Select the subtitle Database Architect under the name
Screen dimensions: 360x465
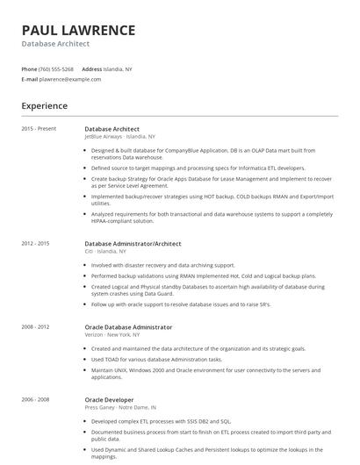[x=55, y=43]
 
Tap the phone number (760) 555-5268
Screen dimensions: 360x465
[x=57, y=68]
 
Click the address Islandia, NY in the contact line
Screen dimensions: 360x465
[x=118, y=68]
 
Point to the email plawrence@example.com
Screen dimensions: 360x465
[x=70, y=79]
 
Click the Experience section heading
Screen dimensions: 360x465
[x=45, y=106]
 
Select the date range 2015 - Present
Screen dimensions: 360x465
[x=39, y=129]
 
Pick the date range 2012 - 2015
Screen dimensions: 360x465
[x=35, y=243]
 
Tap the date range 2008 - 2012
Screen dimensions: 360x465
[x=35, y=327]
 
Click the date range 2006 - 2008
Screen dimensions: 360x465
[x=35, y=399]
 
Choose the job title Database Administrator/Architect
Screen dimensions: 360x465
[x=133, y=243]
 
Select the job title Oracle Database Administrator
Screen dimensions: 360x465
[x=128, y=327]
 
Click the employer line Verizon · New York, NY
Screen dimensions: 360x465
[x=112, y=335]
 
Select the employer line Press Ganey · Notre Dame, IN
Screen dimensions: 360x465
[x=120, y=407]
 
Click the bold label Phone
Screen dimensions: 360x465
[x=29, y=68]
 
